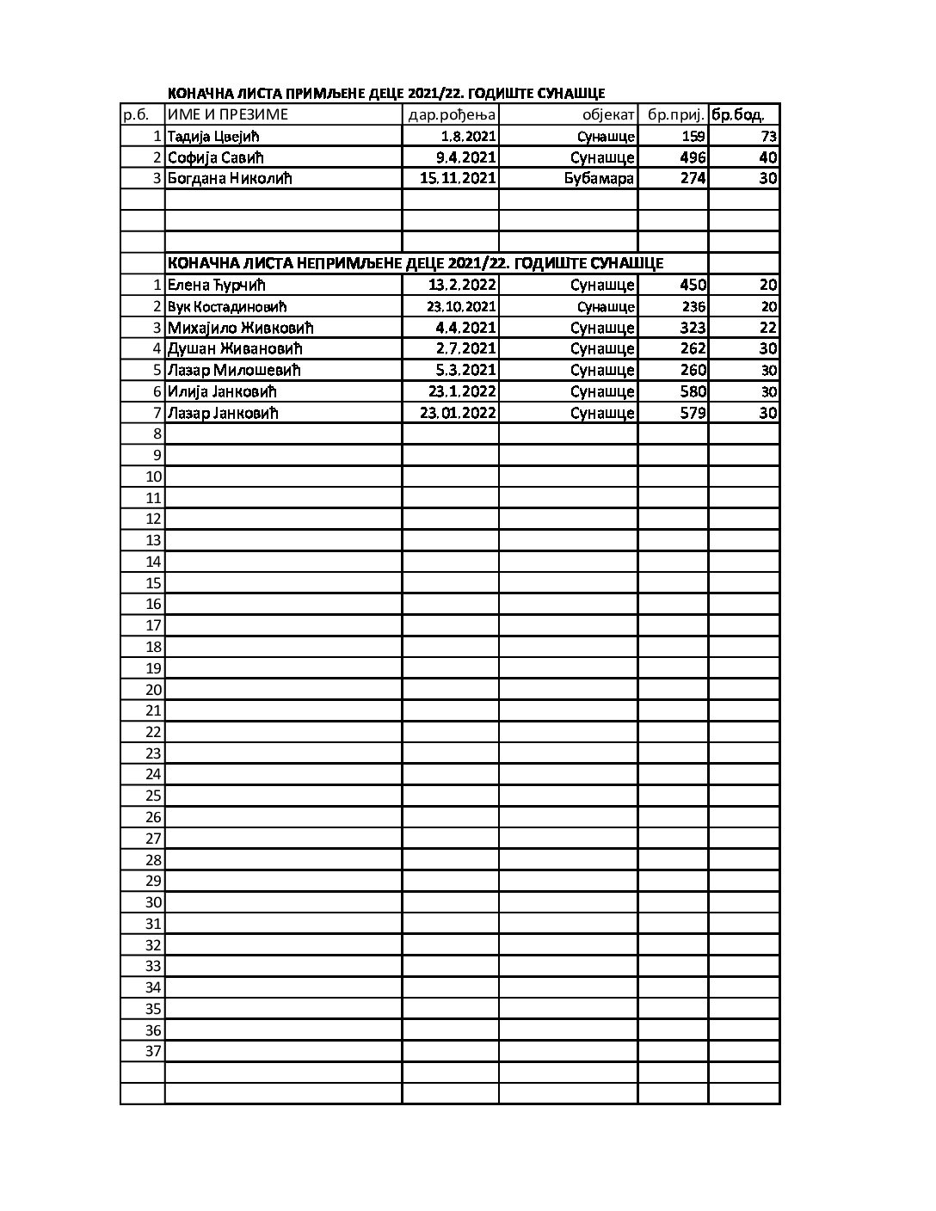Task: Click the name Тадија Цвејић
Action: pyautogui.click(x=213, y=136)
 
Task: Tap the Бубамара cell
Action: pyautogui.click(x=599, y=178)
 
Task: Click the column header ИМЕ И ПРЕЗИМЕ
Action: pyautogui.click(x=228, y=114)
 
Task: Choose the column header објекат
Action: pyautogui.click(x=607, y=114)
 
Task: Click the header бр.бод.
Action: pyautogui.click(x=738, y=114)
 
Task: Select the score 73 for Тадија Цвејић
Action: pyautogui.click(x=769, y=136)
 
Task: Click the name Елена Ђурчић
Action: pyautogui.click(x=216, y=285)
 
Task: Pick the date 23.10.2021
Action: pyautogui.click(x=461, y=306)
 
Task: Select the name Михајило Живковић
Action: pyautogui.click(x=241, y=328)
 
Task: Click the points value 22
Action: pyautogui.click(x=768, y=328)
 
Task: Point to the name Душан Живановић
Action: pyautogui.click(x=235, y=348)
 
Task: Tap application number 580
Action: pyautogui.click(x=693, y=391)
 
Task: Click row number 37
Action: pyautogui.click(x=153, y=1051)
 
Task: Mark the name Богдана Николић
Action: pyautogui.click(x=230, y=178)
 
